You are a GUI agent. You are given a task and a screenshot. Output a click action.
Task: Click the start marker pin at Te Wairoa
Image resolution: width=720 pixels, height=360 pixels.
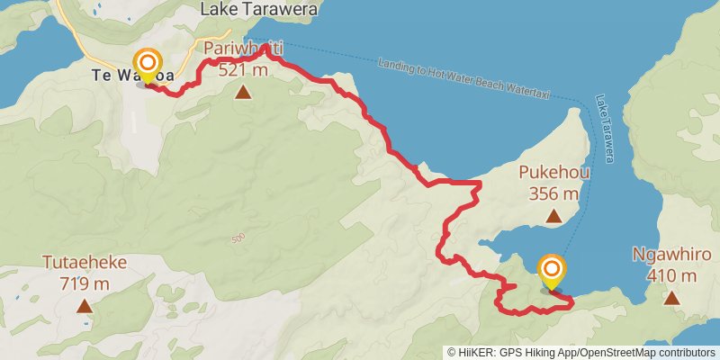[147, 67]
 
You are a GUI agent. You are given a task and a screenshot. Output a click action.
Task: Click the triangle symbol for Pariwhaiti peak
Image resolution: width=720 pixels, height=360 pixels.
[243, 91]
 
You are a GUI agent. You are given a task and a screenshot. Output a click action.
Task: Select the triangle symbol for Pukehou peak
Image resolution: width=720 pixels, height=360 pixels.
[553, 216]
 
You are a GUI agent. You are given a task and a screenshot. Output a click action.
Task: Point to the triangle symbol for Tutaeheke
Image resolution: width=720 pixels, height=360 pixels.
[84, 306]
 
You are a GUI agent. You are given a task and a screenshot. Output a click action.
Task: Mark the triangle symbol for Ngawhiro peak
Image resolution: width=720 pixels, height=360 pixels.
[671, 296]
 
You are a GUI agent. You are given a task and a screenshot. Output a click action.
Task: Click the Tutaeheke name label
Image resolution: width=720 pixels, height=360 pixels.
[84, 263]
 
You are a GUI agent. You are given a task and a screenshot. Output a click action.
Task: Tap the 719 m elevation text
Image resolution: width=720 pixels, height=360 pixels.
[84, 283]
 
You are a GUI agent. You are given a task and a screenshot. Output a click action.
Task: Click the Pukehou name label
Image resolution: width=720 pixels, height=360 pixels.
[553, 172]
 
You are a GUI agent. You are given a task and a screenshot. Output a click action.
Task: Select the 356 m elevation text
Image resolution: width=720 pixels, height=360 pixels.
[553, 193]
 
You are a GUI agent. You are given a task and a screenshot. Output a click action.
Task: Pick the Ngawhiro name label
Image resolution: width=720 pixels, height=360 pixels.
[672, 255]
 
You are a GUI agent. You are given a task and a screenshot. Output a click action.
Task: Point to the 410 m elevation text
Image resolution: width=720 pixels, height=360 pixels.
[672, 274]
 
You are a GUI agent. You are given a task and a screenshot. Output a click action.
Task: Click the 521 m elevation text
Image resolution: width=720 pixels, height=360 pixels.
[243, 69]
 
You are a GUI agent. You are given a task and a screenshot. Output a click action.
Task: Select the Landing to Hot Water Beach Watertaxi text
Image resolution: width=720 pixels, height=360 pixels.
[467, 78]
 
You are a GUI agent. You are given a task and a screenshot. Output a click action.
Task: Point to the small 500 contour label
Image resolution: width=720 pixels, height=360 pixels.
[238, 238]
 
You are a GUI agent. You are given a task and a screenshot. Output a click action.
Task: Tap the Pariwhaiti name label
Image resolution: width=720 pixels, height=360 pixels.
[243, 49]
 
